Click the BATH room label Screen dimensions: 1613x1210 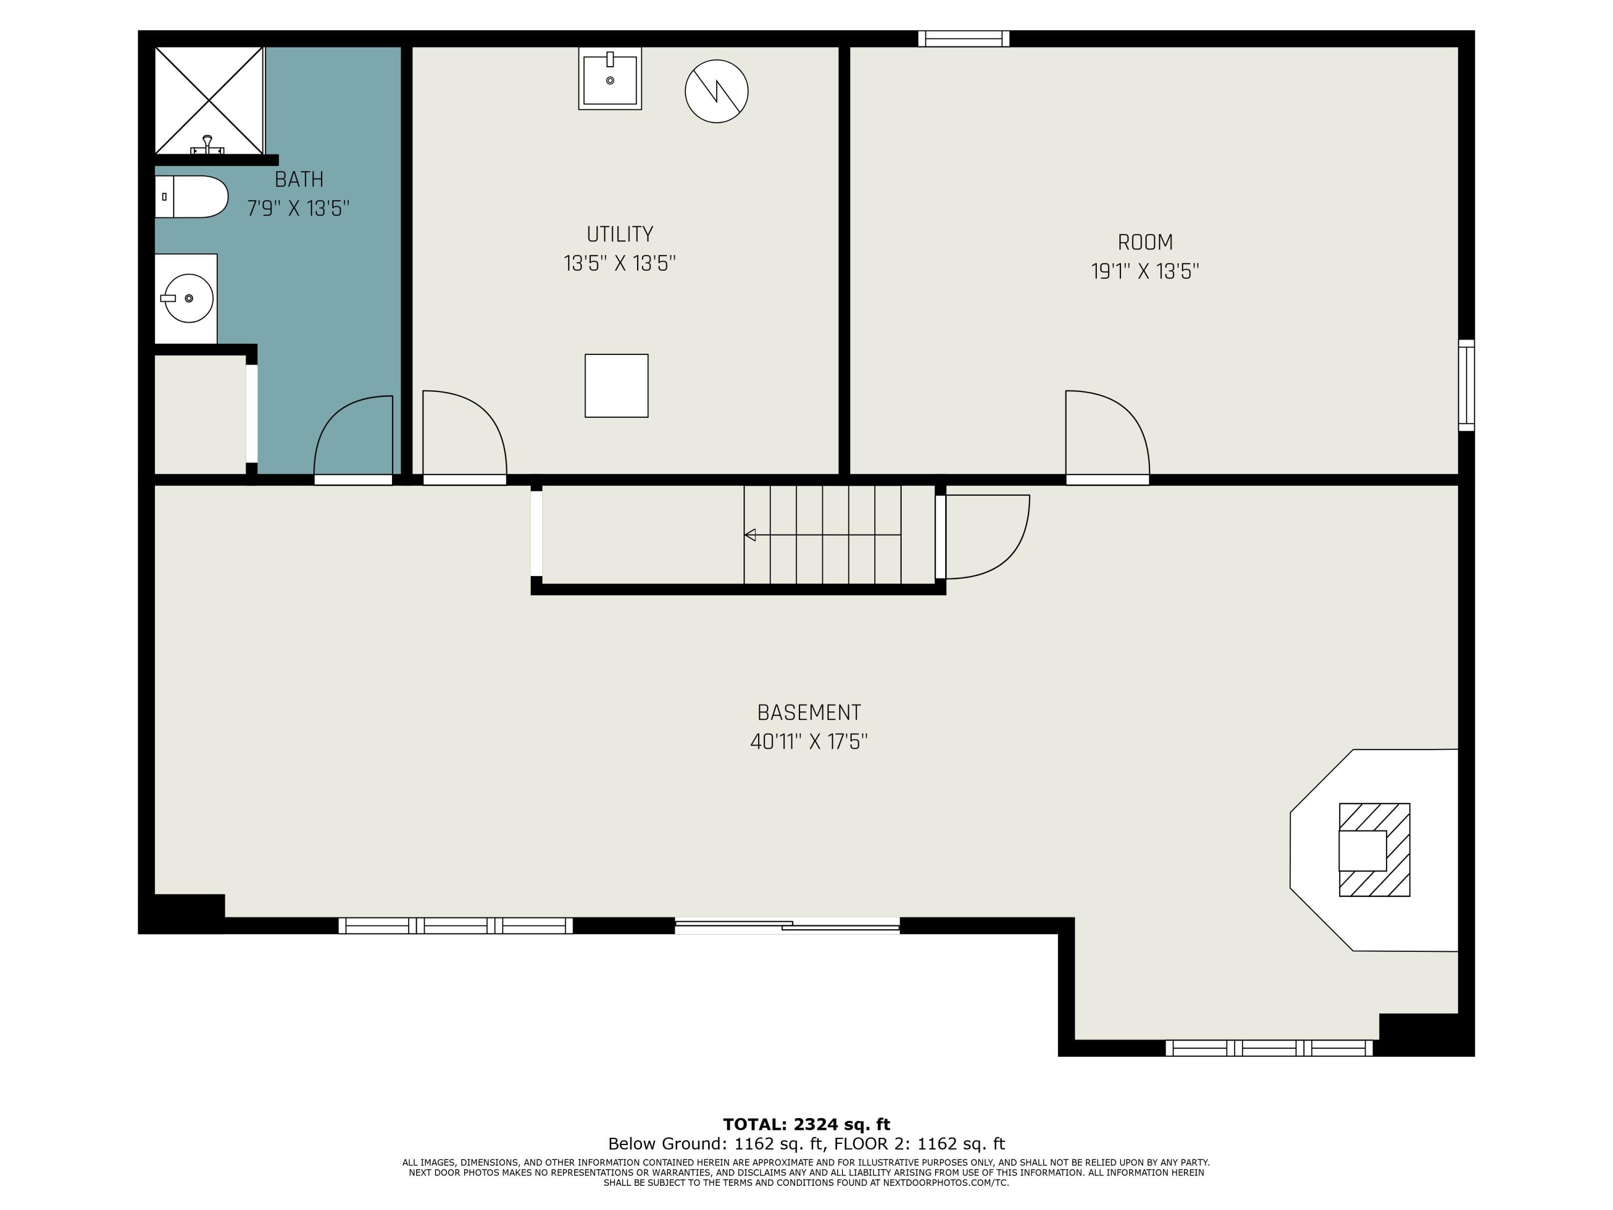pos(299,180)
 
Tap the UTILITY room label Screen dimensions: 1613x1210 pos(620,234)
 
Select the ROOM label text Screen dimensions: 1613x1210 pos(1145,242)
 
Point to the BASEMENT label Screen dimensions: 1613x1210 pos(809,713)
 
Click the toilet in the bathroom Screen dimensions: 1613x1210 pos(191,197)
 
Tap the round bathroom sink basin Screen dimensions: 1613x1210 pos(188,298)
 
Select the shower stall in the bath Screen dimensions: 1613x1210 pos(209,101)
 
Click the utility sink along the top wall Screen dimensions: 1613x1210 pos(610,79)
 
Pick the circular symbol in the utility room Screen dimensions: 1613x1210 pos(717,91)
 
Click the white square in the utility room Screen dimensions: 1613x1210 pos(616,386)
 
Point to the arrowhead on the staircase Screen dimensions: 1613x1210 pos(750,535)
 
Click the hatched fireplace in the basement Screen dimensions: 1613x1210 pos(1375,850)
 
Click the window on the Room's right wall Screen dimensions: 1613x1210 pos(1466,385)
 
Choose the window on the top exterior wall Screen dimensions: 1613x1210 pos(964,39)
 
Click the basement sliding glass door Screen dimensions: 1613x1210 pos(788,926)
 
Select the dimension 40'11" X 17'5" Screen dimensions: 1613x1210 pos(809,742)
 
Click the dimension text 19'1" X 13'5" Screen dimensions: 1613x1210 pos(1145,272)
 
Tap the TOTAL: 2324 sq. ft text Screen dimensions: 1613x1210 pos(806,1124)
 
